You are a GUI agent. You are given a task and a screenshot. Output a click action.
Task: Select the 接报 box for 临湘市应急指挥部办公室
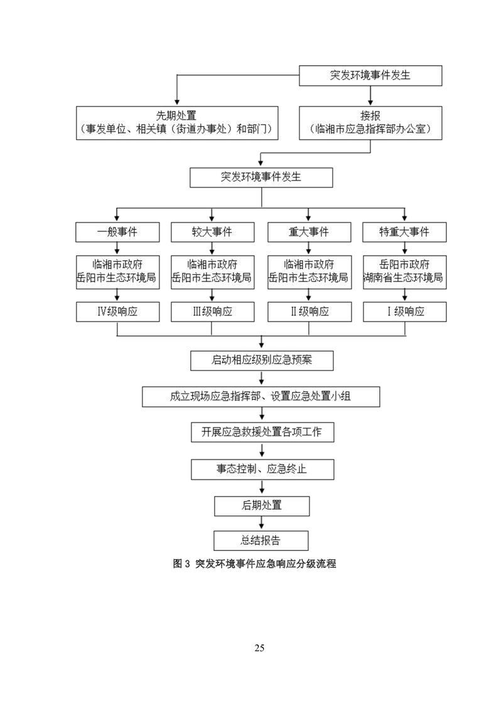tap(371, 122)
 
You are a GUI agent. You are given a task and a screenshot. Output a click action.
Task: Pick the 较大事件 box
tap(212, 232)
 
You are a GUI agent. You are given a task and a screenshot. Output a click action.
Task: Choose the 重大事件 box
tap(308, 232)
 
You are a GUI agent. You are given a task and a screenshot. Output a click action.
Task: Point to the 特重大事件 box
tap(404, 232)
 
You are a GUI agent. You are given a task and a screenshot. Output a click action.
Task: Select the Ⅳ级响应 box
tap(117, 312)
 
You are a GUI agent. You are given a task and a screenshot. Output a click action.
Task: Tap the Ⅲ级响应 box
tap(212, 312)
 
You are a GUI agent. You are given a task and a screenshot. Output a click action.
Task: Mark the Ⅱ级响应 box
tap(308, 312)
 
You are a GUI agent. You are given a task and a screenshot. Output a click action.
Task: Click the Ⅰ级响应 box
tap(404, 312)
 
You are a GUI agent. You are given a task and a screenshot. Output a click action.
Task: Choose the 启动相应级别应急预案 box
tap(262, 361)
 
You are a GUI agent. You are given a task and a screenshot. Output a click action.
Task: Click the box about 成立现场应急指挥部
tap(261, 397)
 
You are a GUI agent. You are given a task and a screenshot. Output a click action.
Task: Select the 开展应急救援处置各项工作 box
tap(262, 432)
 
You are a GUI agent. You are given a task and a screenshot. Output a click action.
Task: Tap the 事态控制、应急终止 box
tap(262, 469)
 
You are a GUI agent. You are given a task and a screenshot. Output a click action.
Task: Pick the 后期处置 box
tap(262, 504)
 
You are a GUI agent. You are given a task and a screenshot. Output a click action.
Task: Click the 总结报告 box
tap(262, 540)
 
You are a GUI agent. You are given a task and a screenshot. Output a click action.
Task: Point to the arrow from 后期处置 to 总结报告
tap(262, 523)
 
